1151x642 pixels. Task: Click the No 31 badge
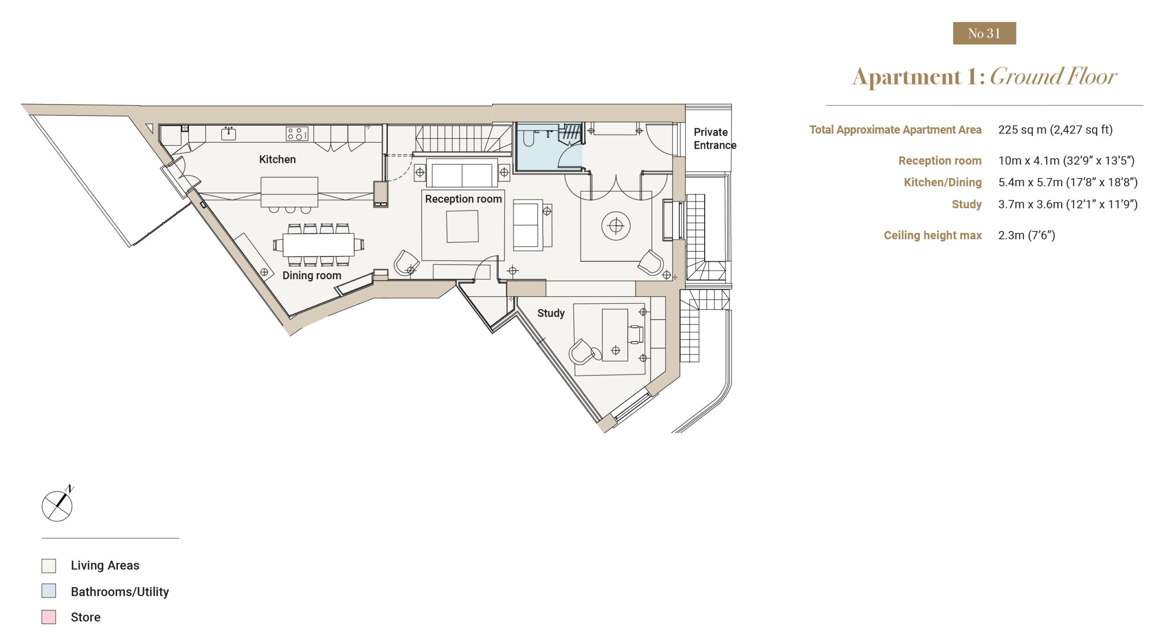(984, 33)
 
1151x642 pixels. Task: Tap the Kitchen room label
(277, 159)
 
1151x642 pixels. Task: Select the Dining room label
(312, 275)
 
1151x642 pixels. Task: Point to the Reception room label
(464, 199)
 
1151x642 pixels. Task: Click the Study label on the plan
(551, 313)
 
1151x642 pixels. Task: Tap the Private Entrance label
(715, 138)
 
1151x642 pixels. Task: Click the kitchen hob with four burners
(297, 134)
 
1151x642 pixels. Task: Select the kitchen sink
(228, 133)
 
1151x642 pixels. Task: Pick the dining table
(318, 245)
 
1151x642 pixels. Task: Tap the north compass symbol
(58, 504)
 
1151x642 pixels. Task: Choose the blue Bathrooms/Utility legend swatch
(49, 591)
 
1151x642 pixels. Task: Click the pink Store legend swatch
(49, 617)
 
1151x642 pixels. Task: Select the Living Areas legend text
(105, 565)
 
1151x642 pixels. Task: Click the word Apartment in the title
(907, 77)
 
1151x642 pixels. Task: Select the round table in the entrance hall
(616, 226)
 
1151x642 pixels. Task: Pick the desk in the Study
(615, 334)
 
